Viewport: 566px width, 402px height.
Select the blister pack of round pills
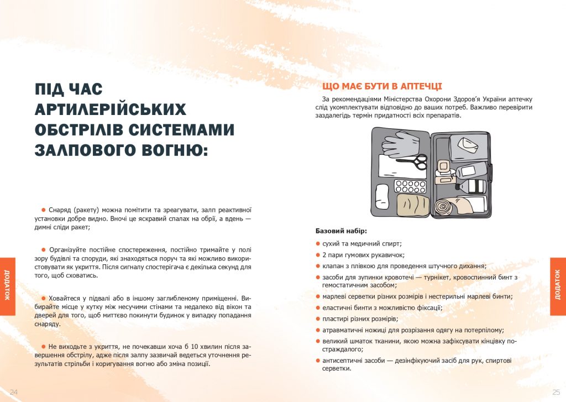pyautogui.click(x=411, y=185)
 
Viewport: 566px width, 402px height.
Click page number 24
pyautogui.click(x=14, y=392)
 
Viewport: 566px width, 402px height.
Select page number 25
pyautogui.click(x=556, y=392)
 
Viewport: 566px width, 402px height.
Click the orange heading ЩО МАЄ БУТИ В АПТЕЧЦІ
pyautogui.click(x=381, y=86)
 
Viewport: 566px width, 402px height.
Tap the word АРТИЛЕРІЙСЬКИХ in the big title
pyautogui.click(x=111, y=109)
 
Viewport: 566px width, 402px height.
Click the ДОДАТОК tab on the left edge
pyautogui.click(x=8, y=286)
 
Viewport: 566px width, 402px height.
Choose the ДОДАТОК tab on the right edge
pyautogui.click(x=558, y=286)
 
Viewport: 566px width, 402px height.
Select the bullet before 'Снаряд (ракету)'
pyautogui.click(x=43, y=210)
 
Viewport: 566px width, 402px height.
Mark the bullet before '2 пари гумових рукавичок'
pyautogui.click(x=318, y=255)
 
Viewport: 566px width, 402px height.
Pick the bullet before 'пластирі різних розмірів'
pyautogui.click(x=318, y=319)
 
